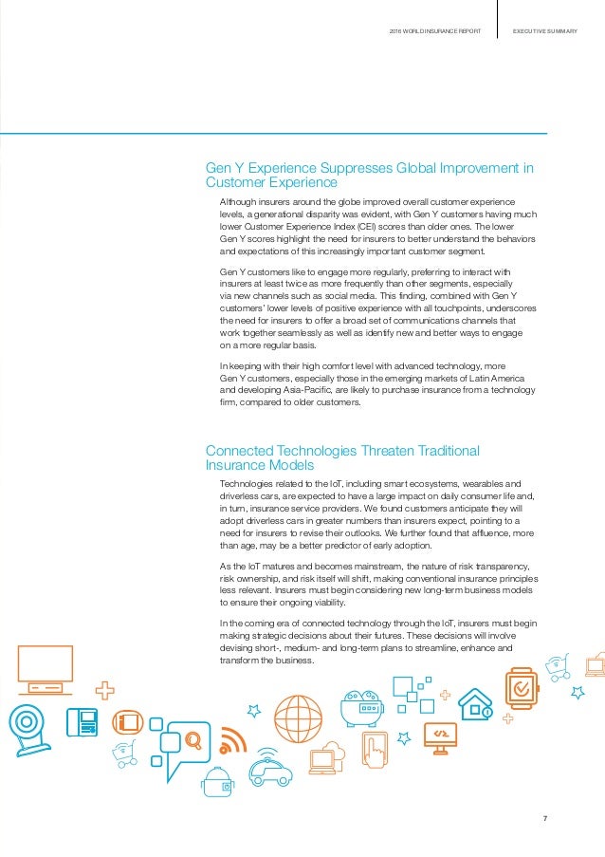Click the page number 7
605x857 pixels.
(545, 820)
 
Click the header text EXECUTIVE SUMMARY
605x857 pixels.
(545, 32)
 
